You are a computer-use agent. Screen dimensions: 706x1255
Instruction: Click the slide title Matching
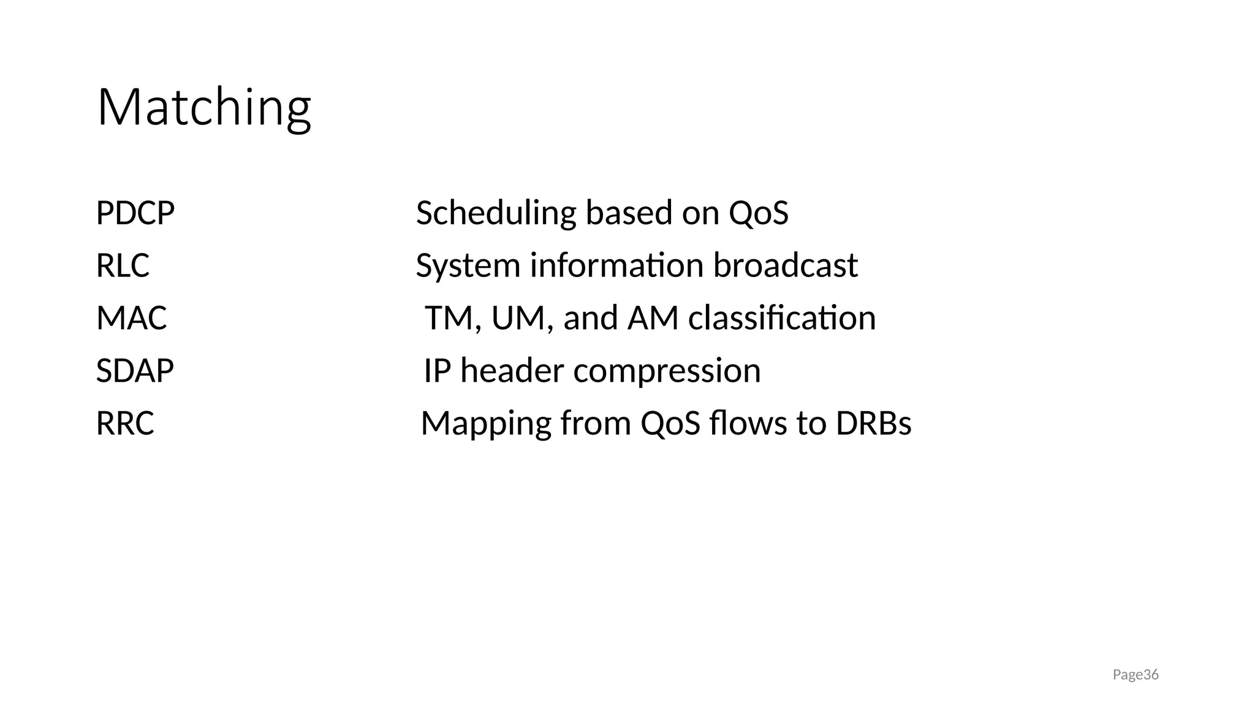point(204,108)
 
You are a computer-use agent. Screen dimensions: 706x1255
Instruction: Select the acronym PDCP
point(135,213)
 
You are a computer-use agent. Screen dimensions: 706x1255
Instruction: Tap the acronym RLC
point(123,266)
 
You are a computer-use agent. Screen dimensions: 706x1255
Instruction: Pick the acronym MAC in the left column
point(131,319)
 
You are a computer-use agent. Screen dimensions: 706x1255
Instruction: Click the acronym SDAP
point(135,371)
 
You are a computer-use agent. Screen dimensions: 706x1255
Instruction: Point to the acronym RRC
point(125,424)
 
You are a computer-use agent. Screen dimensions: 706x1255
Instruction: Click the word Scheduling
point(496,213)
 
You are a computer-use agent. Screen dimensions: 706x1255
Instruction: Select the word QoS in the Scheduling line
point(758,213)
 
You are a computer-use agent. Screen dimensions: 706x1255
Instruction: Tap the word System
point(468,266)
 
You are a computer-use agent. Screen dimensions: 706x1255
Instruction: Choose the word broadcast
point(785,266)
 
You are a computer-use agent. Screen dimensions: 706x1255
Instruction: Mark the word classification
point(782,319)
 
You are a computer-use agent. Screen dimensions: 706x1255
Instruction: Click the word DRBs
point(873,424)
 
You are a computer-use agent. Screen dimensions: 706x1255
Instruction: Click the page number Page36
point(1136,675)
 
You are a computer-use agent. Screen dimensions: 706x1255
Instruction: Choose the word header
point(512,371)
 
